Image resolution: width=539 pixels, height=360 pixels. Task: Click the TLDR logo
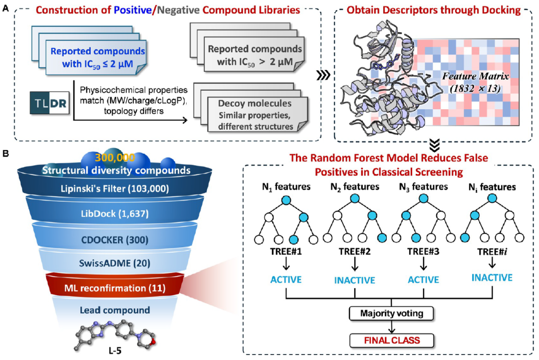click(49, 103)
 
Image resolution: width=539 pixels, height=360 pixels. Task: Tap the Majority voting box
click(391, 313)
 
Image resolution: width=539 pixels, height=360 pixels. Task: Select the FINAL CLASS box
click(392, 341)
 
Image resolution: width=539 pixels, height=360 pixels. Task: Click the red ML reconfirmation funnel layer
click(115, 285)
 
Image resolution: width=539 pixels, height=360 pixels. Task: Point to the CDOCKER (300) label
click(115, 239)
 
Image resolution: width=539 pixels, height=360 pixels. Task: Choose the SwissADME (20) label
click(115, 263)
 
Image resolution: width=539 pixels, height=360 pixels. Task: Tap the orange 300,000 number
click(115, 158)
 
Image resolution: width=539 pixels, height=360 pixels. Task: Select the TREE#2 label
click(355, 251)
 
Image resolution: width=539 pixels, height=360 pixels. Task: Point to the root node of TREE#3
click(424, 198)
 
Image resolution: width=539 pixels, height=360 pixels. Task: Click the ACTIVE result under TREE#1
click(286, 280)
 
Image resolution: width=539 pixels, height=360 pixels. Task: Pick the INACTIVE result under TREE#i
click(492, 278)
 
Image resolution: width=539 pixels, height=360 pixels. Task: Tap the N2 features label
click(355, 187)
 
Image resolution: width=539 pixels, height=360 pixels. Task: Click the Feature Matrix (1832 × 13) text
click(476, 82)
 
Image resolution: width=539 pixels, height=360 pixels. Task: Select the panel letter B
click(5, 154)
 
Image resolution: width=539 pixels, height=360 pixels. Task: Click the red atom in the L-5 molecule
click(153, 342)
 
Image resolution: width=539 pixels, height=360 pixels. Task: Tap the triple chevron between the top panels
click(323, 75)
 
